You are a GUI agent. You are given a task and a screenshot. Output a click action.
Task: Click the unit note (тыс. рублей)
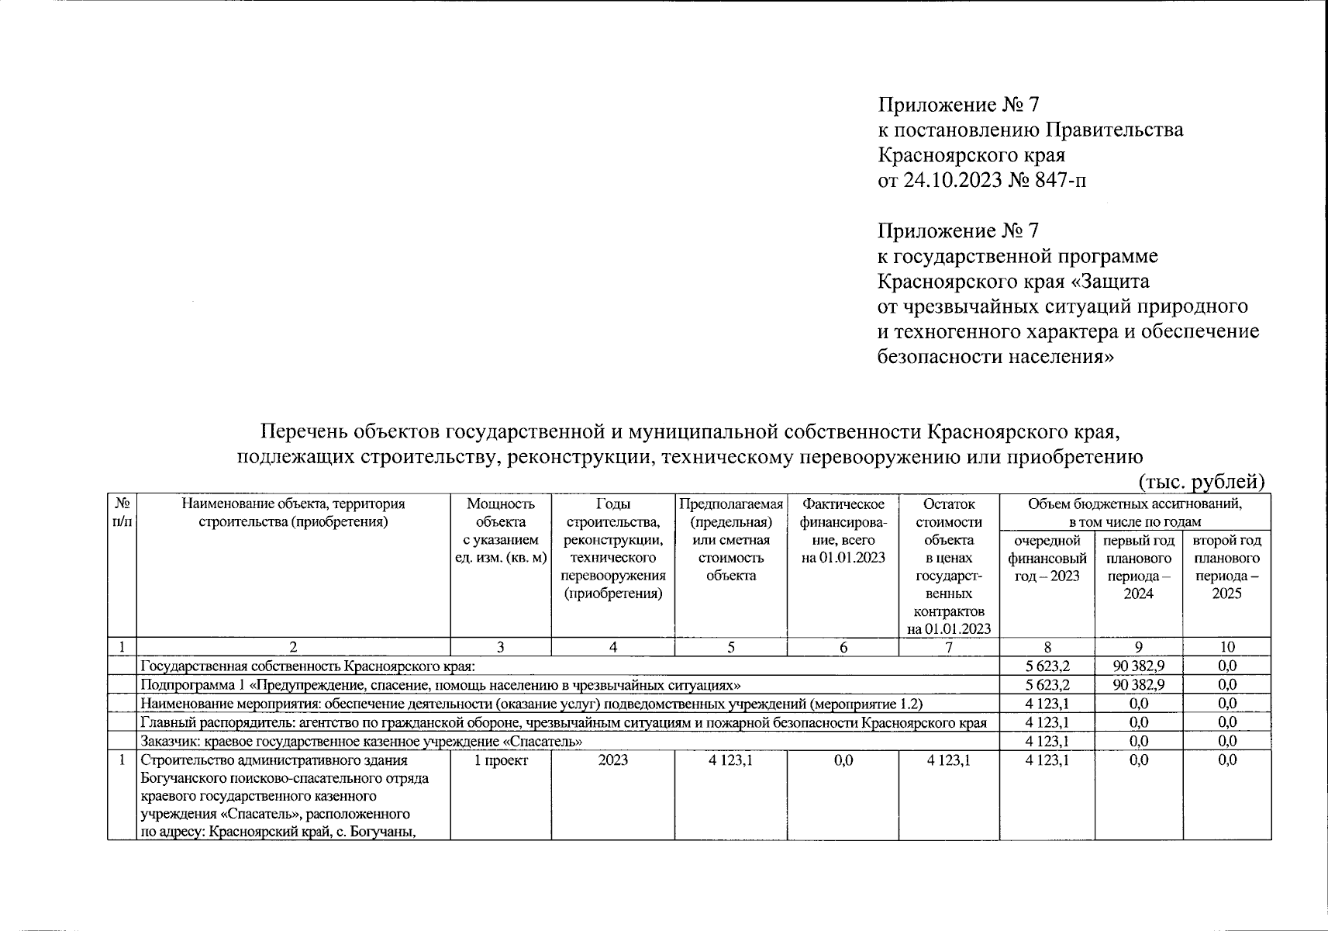click(x=1202, y=481)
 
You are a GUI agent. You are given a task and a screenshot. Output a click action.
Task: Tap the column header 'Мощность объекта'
click(x=500, y=513)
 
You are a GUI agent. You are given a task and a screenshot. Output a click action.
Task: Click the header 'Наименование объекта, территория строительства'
click(x=293, y=512)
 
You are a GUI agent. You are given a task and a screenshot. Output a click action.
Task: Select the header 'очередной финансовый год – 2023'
click(x=1047, y=558)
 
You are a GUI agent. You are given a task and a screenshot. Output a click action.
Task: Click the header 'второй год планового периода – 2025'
click(x=1226, y=566)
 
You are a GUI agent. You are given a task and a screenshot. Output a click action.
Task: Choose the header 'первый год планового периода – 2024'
click(x=1138, y=566)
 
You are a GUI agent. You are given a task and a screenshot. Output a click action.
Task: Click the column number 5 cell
click(x=731, y=647)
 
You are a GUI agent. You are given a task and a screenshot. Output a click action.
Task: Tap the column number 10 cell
click(x=1226, y=647)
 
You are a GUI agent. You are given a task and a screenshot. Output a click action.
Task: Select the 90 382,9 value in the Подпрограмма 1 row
click(x=1138, y=684)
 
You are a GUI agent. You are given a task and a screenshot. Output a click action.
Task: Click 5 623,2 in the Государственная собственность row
click(x=1047, y=666)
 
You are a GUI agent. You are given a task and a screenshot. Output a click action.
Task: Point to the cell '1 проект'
click(x=501, y=760)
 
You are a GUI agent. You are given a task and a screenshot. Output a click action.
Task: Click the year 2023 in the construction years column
click(x=612, y=760)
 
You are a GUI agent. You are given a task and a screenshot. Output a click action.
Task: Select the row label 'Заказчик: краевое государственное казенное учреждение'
click(x=361, y=741)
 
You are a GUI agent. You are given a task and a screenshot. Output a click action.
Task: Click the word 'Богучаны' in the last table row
click(x=383, y=832)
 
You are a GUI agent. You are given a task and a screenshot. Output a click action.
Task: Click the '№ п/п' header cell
click(x=122, y=513)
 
